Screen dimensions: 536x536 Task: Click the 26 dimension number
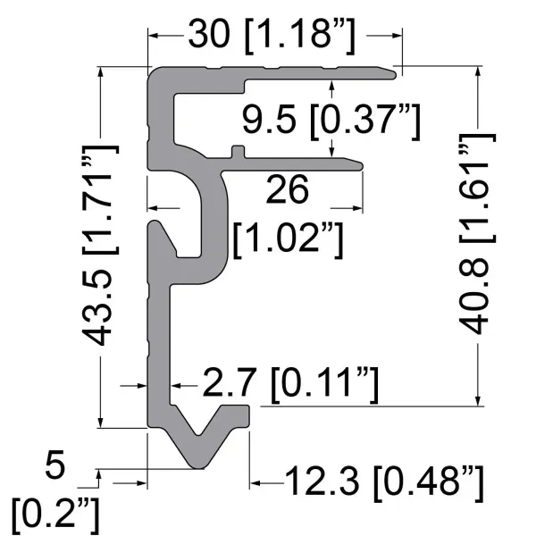point(287,190)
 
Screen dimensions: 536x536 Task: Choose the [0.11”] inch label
point(322,385)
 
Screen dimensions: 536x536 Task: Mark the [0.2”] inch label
point(56,515)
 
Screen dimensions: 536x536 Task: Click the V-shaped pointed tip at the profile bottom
point(198,464)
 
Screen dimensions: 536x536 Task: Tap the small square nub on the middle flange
point(237,150)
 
